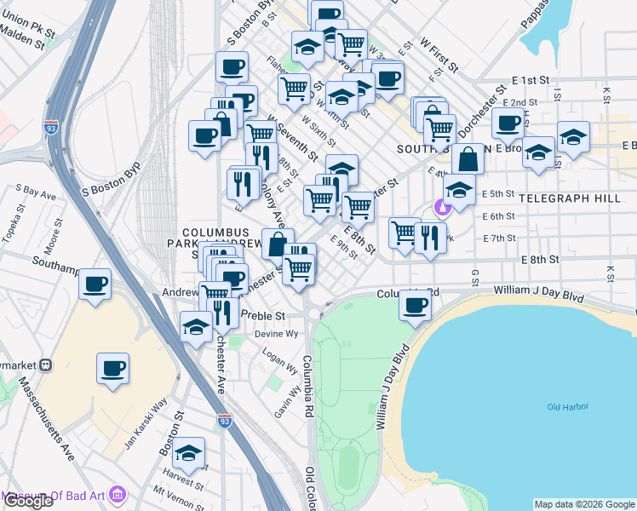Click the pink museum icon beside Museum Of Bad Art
[118, 494]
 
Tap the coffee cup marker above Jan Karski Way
[112, 369]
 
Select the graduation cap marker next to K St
[573, 136]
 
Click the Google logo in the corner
[27, 502]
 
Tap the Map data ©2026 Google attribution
[584, 504]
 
